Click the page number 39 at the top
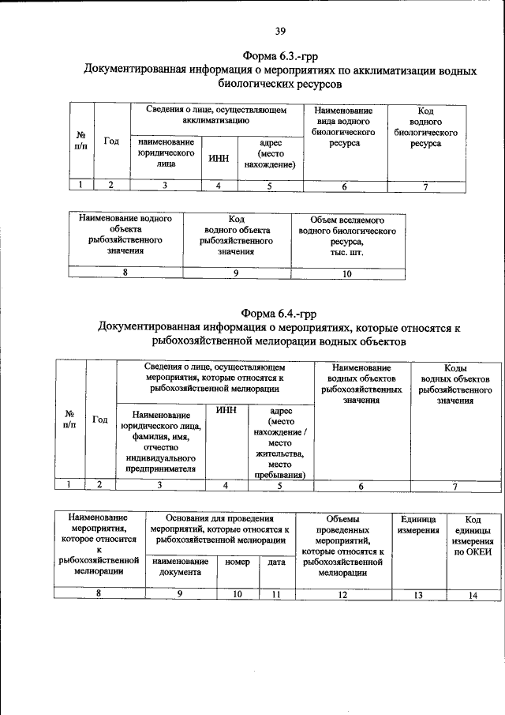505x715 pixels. pos(280,32)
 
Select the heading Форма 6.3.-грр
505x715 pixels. pos(280,56)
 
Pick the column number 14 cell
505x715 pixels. pos(473,596)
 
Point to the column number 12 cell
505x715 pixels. pos(342,595)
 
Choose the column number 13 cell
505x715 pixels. pos(418,595)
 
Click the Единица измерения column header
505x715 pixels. pos(418,525)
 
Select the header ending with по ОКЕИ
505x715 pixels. pos(473,536)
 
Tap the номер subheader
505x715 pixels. pos(238,562)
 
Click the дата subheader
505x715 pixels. pos(276,562)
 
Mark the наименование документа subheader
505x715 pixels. pos(181,567)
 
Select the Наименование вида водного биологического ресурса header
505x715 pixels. pos(342,128)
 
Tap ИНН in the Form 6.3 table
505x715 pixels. pos(219,158)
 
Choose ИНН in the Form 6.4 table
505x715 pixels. pos(226,411)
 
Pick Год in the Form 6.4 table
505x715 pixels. pos(100,420)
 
